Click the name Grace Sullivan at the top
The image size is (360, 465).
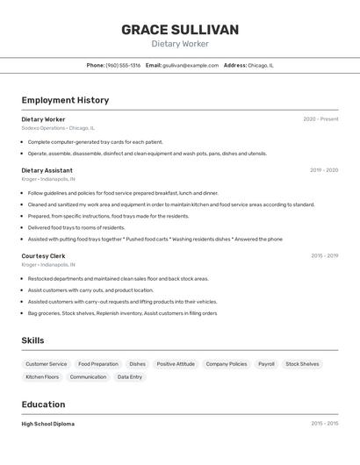(x=179, y=30)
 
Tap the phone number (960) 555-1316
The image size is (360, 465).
(x=123, y=65)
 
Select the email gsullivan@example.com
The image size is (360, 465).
(x=190, y=65)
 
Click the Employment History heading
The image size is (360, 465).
(x=65, y=100)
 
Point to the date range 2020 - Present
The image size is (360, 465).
(x=320, y=119)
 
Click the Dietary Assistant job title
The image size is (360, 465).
(x=47, y=170)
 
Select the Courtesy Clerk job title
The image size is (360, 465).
(x=44, y=256)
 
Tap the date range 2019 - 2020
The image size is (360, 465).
(x=324, y=170)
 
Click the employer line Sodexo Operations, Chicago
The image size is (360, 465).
(x=58, y=128)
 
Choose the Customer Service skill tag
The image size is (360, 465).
(x=46, y=363)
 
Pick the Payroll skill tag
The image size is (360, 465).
(x=266, y=363)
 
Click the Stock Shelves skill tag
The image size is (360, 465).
(x=302, y=363)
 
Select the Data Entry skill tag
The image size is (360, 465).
(x=130, y=377)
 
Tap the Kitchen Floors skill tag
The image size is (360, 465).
(x=42, y=377)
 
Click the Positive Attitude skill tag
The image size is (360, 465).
(x=176, y=363)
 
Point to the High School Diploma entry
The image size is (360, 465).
(x=48, y=424)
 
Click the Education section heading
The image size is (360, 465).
(x=43, y=404)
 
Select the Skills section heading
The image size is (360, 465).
(x=33, y=340)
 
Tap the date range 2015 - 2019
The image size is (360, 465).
(x=324, y=256)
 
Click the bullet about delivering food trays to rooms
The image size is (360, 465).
(x=76, y=227)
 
